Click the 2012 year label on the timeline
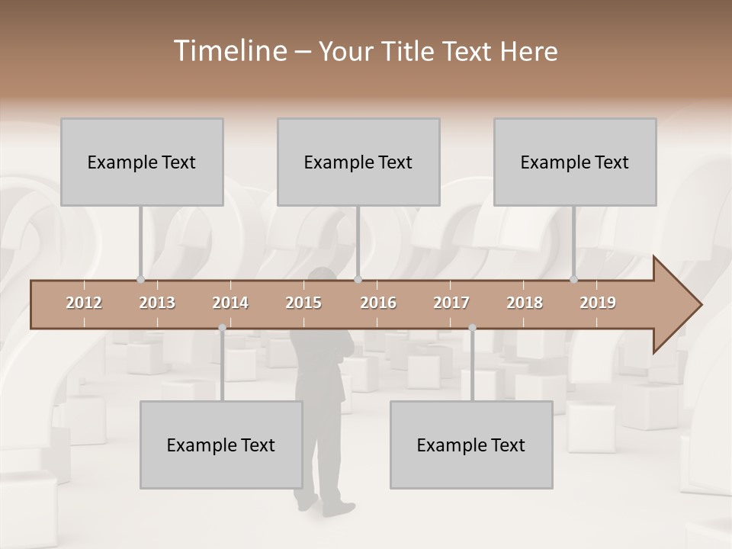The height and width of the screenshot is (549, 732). click(x=84, y=303)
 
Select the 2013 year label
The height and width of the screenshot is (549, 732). click(x=157, y=303)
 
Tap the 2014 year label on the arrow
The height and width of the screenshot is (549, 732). click(x=230, y=303)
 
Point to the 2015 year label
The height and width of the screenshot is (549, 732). click(x=303, y=303)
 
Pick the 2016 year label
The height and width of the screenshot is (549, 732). click(x=378, y=303)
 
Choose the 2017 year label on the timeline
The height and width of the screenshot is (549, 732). click(x=451, y=303)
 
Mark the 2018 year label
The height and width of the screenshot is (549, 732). click(x=525, y=303)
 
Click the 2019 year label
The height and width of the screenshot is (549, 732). click(x=598, y=303)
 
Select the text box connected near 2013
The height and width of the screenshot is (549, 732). click(x=142, y=162)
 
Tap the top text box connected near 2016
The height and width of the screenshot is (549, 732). click(x=358, y=162)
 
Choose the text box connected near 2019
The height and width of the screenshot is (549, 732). click(x=575, y=162)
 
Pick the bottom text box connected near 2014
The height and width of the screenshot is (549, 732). click(x=221, y=445)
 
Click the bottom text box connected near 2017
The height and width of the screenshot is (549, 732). click(x=471, y=445)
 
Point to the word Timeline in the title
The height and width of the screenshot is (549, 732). click(x=228, y=51)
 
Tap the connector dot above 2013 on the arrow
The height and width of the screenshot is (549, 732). click(x=140, y=279)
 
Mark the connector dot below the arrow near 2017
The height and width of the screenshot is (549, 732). click(x=472, y=328)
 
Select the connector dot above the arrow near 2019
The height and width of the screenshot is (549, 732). click(x=574, y=279)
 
